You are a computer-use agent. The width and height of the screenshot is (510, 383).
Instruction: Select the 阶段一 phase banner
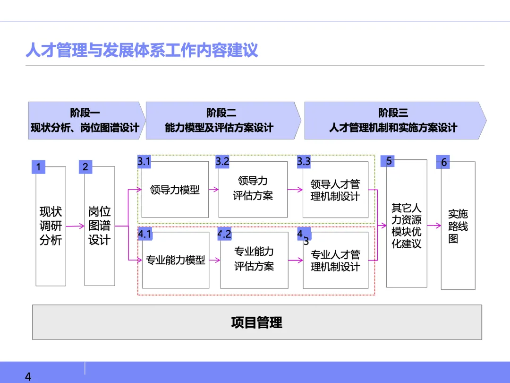pyautogui.click(x=85, y=120)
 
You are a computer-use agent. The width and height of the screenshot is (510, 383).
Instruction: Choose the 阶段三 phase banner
pyautogui.click(x=393, y=120)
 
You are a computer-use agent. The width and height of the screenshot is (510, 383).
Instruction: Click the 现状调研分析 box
pyautogui.click(x=51, y=226)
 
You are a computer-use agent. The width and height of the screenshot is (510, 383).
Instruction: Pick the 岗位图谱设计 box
pyautogui.click(x=99, y=226)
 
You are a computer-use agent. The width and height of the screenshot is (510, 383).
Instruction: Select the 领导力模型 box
pyautogui.click(x=175, y=190)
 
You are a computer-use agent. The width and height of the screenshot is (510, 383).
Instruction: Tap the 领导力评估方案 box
pyautogui.click(x=253, y=189)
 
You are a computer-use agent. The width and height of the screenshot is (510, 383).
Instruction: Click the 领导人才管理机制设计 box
pyautogui.click(x=335, y=190)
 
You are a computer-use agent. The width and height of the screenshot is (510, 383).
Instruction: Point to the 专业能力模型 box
pyautogui.click(x=175, y=260)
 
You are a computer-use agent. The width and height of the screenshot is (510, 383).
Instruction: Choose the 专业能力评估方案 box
pyautogui.click(x=254, y=259)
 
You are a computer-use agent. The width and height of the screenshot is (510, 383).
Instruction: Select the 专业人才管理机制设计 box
pyautogui.click(x=335, y=261)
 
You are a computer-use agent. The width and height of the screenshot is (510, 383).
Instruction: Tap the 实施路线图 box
pyautogui.click(x=458, y=226)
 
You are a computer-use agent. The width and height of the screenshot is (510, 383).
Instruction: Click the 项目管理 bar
pyautogui.click(x=257, y=322)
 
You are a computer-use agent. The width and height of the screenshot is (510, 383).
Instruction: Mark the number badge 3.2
pyautogui.click(x=222, y=161)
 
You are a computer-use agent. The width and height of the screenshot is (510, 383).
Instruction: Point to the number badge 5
pyautogui.click(x=389, y=161)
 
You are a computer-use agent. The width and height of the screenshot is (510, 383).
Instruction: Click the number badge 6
pyautogui.click(x=444, y=162)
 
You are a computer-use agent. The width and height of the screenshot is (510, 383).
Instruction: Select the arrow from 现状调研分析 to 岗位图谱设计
pyautogui.click(x=75, y=226)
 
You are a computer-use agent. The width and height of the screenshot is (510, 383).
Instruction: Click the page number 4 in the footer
pyautogui.click(x=28, y=376)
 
